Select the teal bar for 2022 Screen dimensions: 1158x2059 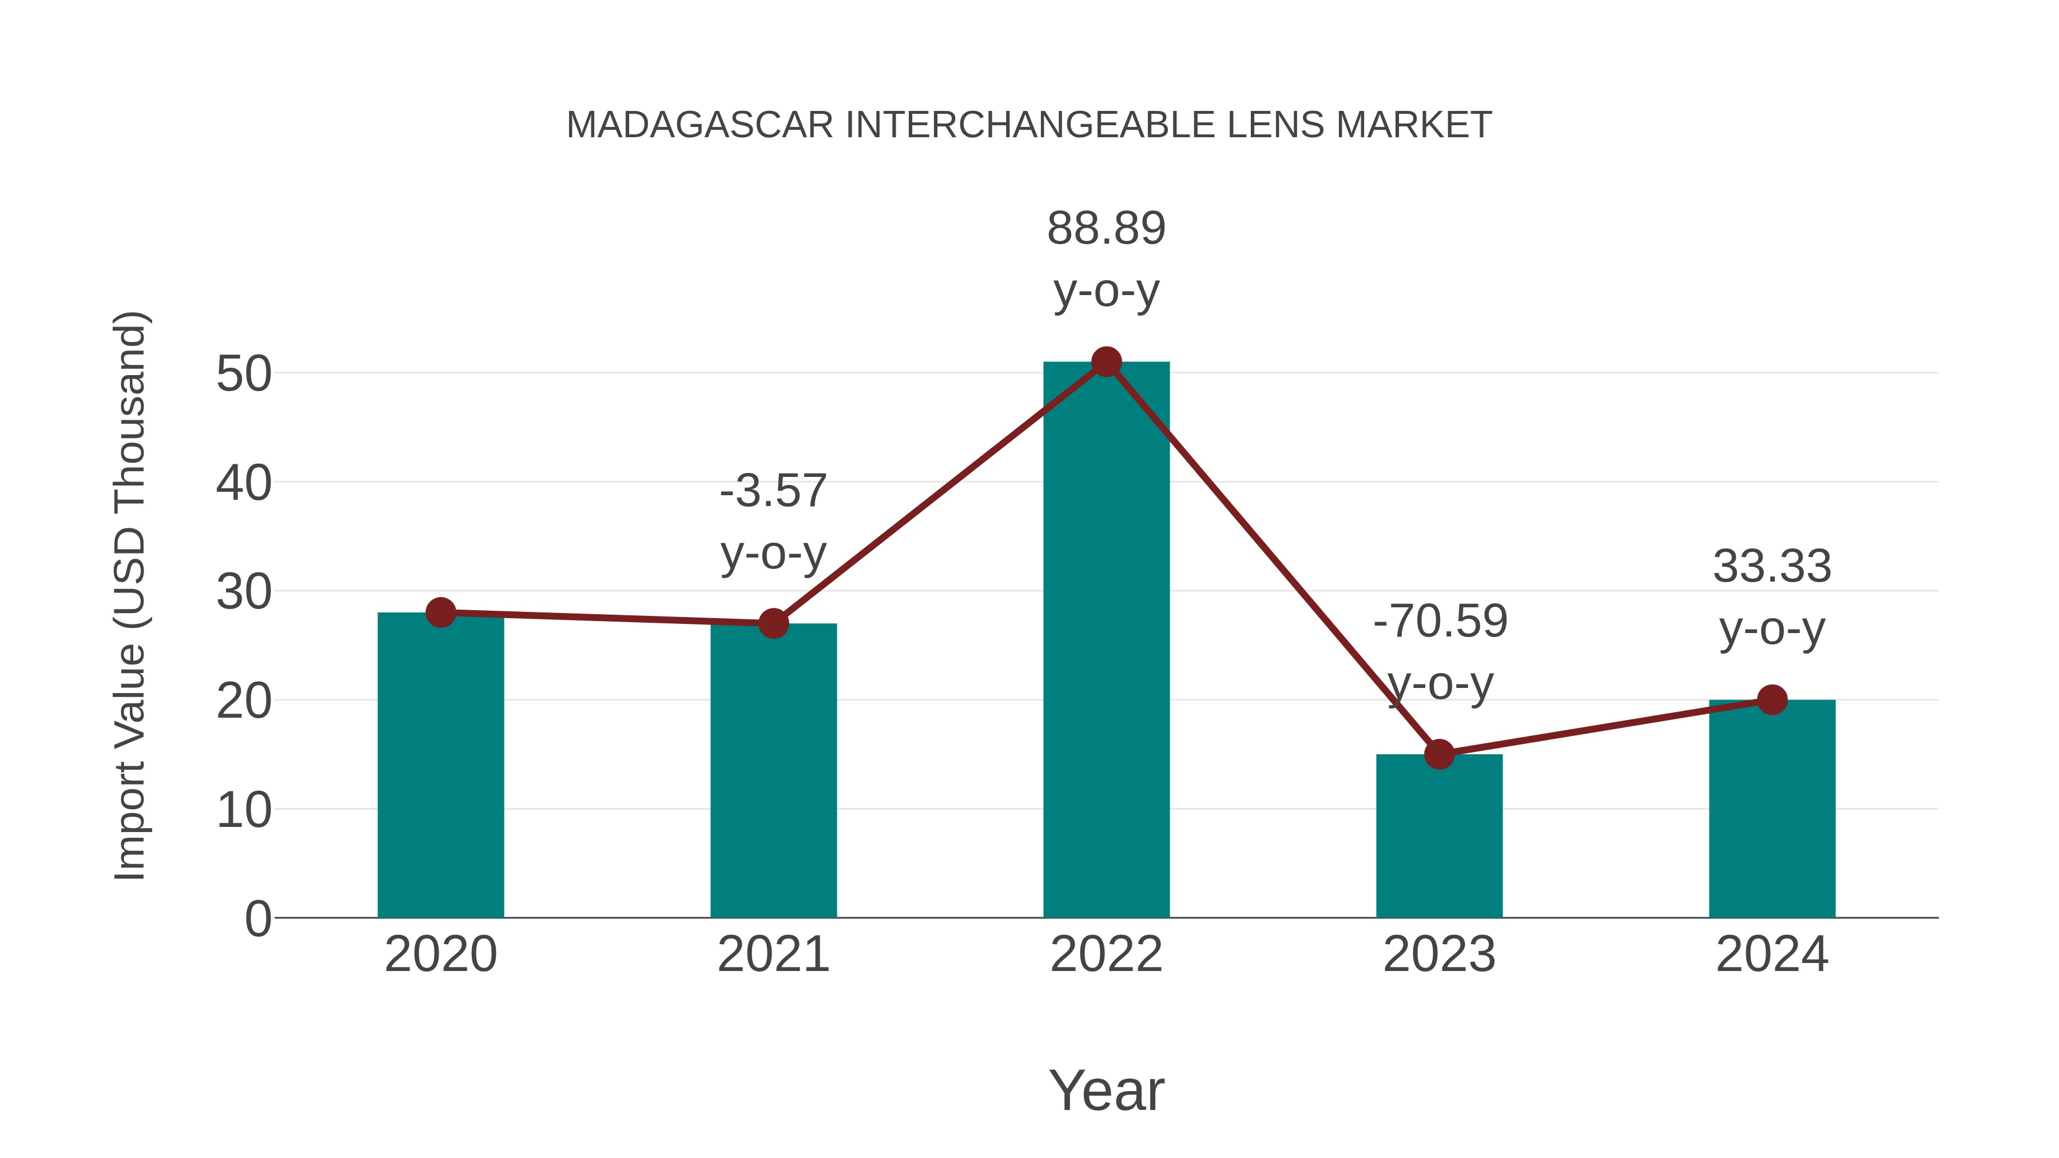pyautogui.click(x=1106, y=639)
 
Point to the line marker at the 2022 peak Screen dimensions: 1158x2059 pyautogui.click(x=1106, y=362)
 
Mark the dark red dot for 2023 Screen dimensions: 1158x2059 pyautogui.click(x=1439, y=754)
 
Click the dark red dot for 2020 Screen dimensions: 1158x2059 pyautogui.click(x=440, y=613)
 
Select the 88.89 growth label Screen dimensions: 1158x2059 pyautogui.click(x=1106, y=229)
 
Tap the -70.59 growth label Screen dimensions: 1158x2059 pyautogui.click(x=1440, y=622)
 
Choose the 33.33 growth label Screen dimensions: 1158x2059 pyautogui.click(x=1772, y=567)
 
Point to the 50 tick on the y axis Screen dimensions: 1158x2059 pyautogui.click(x=244, y=373)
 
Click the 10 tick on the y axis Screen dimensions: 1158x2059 pyautogui.click(x=244, y=810)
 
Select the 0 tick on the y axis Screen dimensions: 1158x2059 pyautogui.click(x=257, y=919)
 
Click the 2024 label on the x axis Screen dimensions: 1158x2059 pyautogui.click(x=1772, y=955)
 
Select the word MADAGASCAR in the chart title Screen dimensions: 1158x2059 pyautogui.click(x=700, y=125)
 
